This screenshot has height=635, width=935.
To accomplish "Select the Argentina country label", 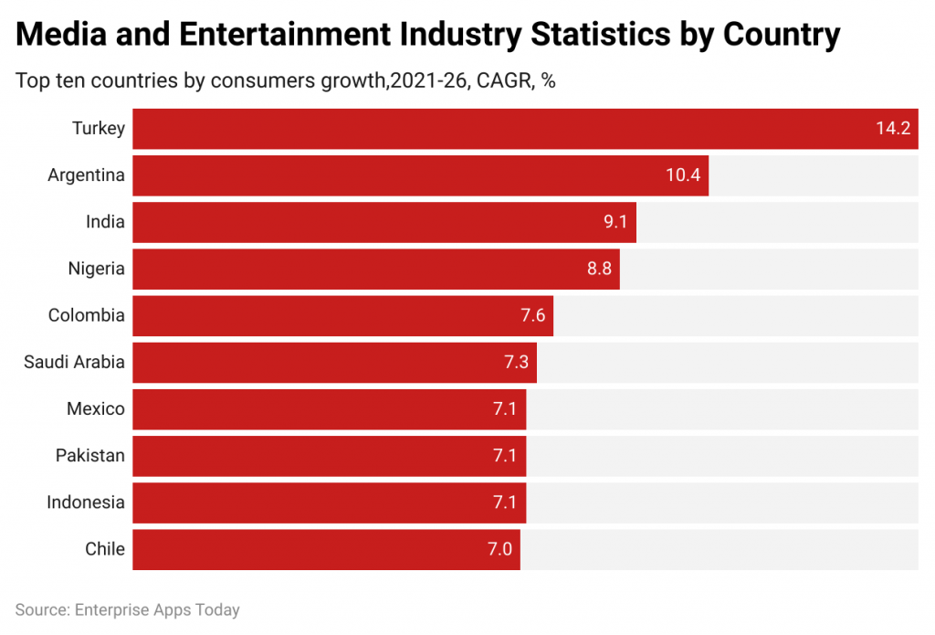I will [86, 175].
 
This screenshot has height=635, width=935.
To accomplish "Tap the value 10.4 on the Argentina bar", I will [682, 175].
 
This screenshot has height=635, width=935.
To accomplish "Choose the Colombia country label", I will [86, 316].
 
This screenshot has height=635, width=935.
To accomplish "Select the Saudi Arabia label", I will [74, 363].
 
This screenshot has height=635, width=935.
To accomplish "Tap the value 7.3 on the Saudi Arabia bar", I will [517, 363].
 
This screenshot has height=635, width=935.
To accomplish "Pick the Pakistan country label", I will [89, 456].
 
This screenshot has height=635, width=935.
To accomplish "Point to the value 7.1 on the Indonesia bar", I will [505, 503].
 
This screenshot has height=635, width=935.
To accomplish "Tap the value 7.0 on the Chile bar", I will [499, 549].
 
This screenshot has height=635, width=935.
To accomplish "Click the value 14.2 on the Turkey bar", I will [892, 129].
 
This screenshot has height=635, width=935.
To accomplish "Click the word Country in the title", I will [781, 36].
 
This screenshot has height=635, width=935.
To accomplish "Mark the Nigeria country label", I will [96, 270].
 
